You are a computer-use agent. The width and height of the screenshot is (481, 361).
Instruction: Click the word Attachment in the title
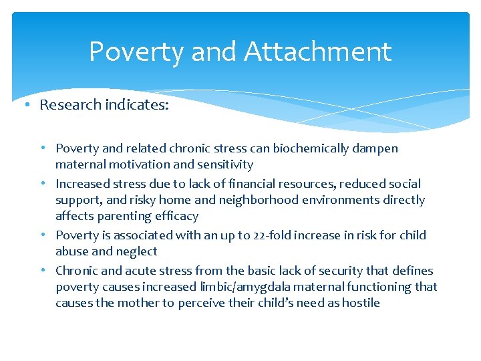(x=318, y=51)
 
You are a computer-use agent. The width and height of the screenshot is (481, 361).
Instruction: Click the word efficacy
(x=176, y=216)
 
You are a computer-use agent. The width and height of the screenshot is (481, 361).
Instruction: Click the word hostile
(x=360, y=303)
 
